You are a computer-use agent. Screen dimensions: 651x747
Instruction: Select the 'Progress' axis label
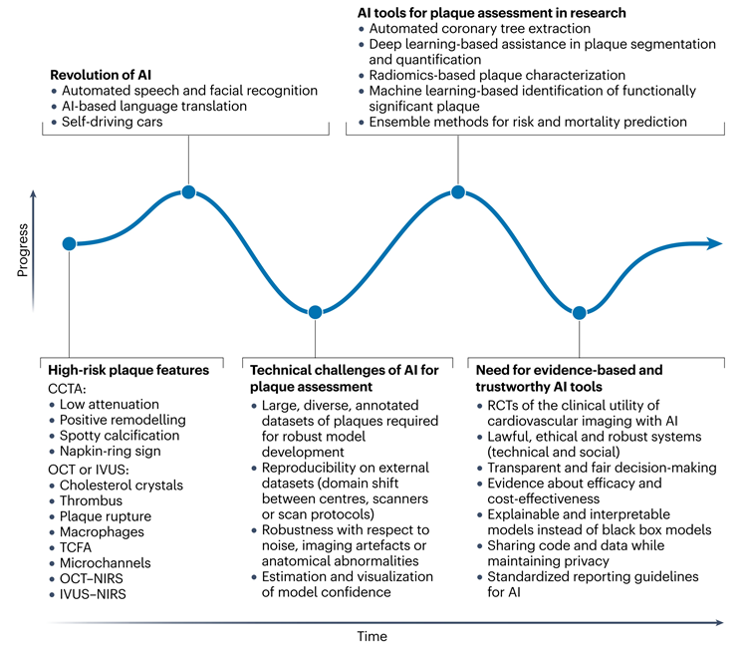pos(23,250)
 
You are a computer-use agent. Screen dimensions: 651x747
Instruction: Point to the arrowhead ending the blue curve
pos(715,242)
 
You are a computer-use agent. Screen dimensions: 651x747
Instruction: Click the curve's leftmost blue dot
pos(69,243)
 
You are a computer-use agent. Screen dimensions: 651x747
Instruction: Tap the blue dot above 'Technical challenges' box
pos(315,312)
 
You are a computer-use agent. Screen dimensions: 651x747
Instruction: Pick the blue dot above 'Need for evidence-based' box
pos(580,312)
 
